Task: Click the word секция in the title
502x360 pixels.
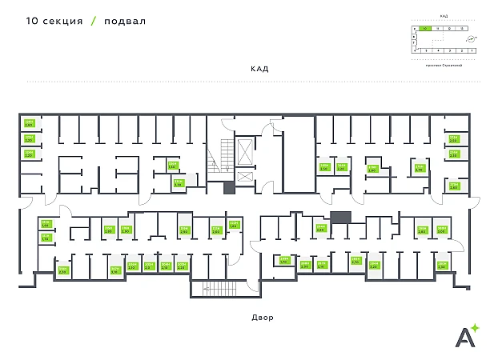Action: (x=60, y=22)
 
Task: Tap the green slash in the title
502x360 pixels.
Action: (x=94, y=22)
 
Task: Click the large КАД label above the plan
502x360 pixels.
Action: (x=259, y=69)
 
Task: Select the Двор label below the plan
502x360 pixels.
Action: (x=262, y=318)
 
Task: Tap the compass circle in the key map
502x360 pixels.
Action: (x=471, y=38)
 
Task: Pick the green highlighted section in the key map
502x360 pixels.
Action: (x=425, y=29)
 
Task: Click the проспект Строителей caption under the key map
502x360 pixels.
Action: (x=444, y=66)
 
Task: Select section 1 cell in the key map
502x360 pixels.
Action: (x=472, y=50)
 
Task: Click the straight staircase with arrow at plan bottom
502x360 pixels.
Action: (x=214, y=290)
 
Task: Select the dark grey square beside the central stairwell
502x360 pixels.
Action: (x=229, y=188)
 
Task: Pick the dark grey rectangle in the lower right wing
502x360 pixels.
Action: (x=340, y=217)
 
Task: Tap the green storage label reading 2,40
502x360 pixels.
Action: (x=420, y=168)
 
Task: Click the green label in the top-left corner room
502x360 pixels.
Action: (x=29, y=123)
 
